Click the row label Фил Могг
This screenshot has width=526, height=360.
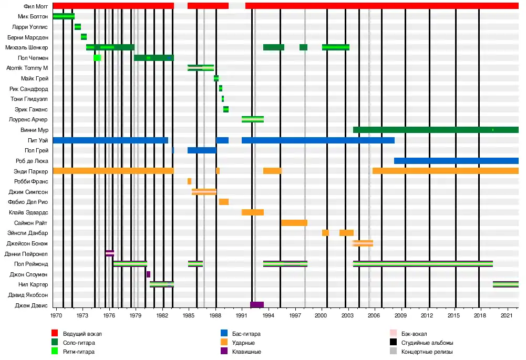[36, 6]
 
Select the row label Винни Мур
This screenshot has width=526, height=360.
[36, 130]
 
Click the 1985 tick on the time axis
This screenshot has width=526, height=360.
[189, 315]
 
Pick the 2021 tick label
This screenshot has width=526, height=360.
[507, 315]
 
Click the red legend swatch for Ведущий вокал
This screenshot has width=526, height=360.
[54, 334]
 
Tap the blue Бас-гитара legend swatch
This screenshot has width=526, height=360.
[224, 334]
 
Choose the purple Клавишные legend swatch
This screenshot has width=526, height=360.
[224, 352]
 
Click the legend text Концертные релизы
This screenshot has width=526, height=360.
[427, 352]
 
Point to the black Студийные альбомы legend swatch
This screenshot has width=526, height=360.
[394, 343]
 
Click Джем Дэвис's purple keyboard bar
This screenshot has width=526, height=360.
[257, 305]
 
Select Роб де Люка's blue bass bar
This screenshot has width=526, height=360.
[456, 161]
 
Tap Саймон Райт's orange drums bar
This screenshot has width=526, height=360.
[294, 223]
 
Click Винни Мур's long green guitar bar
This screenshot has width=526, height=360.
[436, 130]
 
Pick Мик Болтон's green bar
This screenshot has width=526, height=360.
[64, 16]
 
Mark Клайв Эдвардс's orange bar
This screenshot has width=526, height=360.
[253, 212]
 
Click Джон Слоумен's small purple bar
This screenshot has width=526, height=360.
[148, 274]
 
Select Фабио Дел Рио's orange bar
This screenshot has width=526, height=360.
[224, 202]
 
